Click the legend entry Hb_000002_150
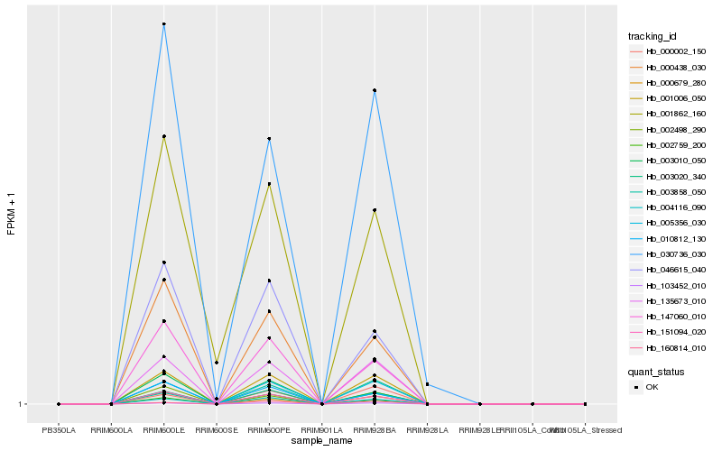pyautogui.click(x=669, y=52)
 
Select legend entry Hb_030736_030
pyautogui.click(x=669, y=255)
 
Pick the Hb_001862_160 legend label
pyautogui.click(x=669, y=114)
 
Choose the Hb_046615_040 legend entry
pyautogui.click(x=669, y=271)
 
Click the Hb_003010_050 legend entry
pyautogui.click(x=669, y=161)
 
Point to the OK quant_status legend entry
pyautogui.click(x=652, y=387)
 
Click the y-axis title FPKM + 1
pyautogui.click(x=12, y=215)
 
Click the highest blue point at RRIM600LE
pyautogui.click(x=163, y=24)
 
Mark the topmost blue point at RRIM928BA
pyautogui.click(x=374, y=90)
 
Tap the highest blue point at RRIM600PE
pyautogui.click(x=269, y=139)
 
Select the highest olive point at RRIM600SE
pyautogui.click(x=217, y=363)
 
